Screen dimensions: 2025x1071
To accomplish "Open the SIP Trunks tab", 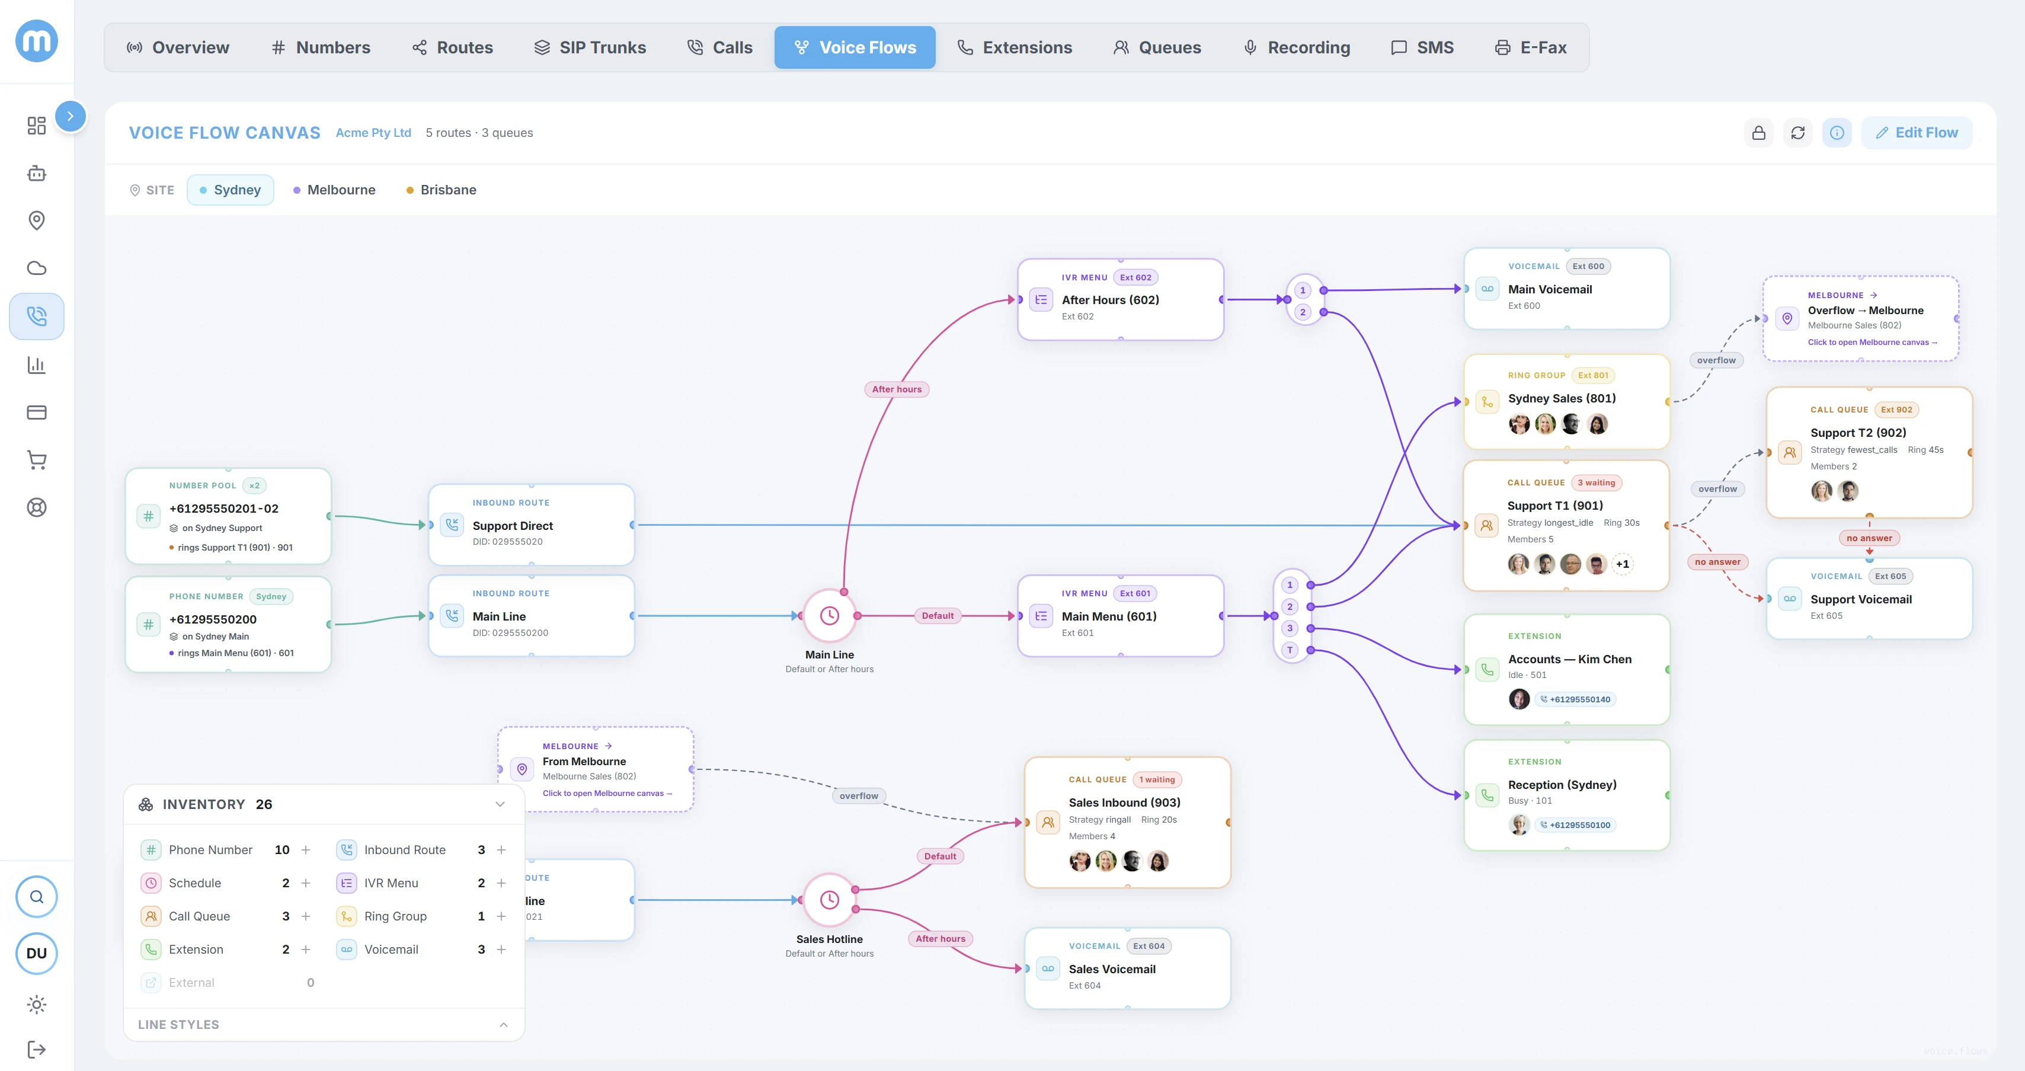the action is click(590, 47).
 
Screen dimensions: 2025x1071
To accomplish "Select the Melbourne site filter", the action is click(334, 190).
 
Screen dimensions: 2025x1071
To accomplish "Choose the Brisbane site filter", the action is click(441, 190).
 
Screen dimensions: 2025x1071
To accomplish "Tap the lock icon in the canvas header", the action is click(1758, 133).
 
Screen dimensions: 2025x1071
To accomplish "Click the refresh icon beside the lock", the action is click(1798, 133).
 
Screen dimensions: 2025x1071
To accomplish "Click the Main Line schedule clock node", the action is click(829, 616).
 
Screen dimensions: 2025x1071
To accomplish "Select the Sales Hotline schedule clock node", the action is click(829, 900).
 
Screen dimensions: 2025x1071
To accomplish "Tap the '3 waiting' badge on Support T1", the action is click(1596, 483).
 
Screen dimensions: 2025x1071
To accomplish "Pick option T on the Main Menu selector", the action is click(1289, 650).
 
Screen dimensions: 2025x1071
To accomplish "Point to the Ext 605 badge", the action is click(1890, 576).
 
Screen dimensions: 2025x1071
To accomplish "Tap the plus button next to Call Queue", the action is click(306, 916).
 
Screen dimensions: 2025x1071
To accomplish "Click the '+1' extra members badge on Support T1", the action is click(1622, 564).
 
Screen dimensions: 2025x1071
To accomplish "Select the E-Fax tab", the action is click(1531, 47).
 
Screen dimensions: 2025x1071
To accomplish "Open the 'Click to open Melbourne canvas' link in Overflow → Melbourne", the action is click(1872, 342).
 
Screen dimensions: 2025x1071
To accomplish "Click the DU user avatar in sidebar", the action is click(36, 953).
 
